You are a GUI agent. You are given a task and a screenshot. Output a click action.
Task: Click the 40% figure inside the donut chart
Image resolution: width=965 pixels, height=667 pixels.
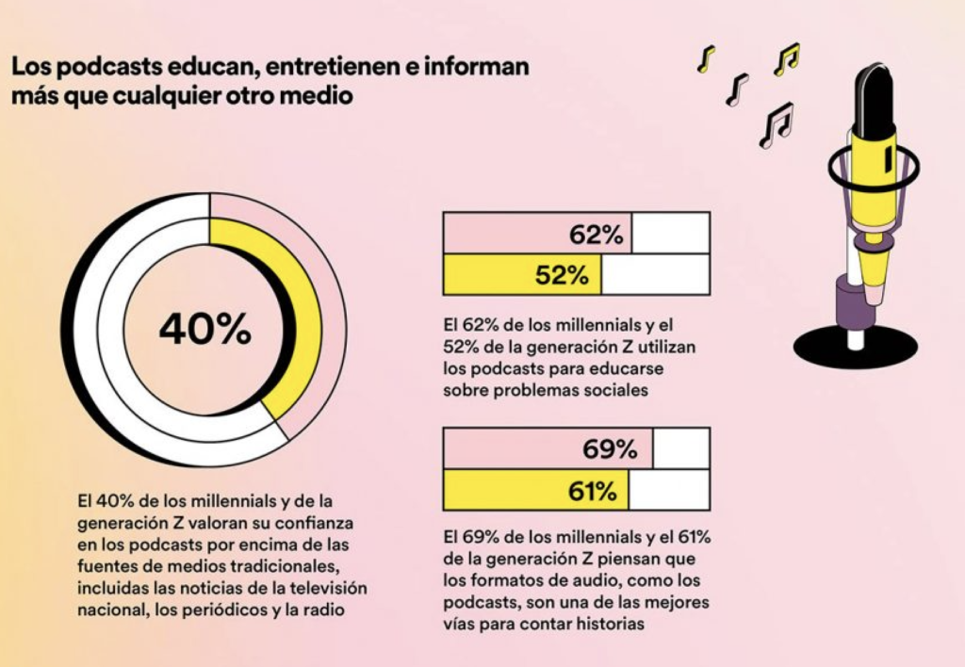204,329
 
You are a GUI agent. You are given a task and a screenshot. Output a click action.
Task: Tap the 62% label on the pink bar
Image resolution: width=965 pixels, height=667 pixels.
596,236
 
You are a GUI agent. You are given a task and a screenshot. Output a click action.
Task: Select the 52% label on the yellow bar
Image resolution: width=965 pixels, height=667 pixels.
562,275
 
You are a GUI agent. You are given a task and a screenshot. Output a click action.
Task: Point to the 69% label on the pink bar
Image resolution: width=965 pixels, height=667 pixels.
610,450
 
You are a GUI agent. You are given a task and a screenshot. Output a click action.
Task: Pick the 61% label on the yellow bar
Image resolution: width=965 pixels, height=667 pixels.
592,491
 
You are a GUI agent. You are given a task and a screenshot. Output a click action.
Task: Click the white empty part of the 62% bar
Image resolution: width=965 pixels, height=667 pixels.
670,234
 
